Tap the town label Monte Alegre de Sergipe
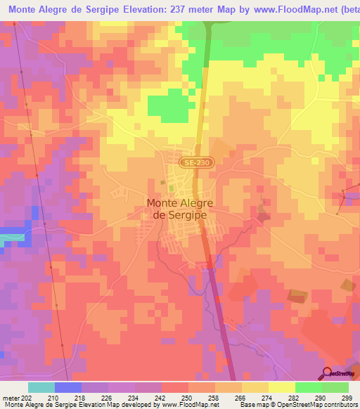pos(179,209)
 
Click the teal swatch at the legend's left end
pos(41,387)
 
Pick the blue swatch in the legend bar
pos(68,387)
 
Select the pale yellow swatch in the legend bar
pos(282,387)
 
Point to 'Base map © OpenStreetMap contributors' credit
pos(295,405)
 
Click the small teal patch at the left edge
pos(10,238)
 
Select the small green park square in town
pos(164,184)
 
